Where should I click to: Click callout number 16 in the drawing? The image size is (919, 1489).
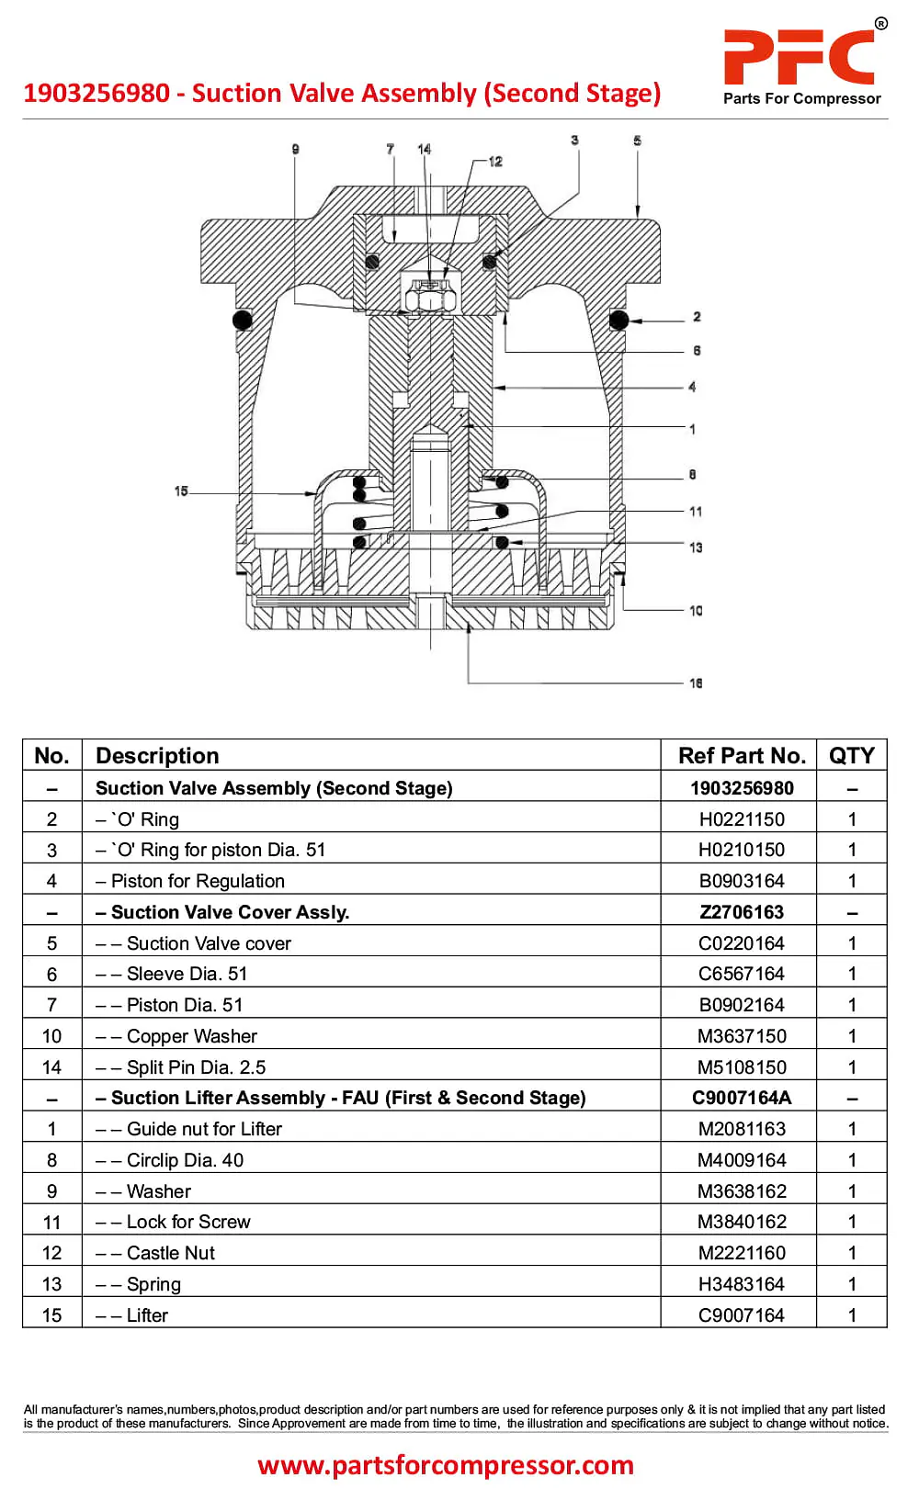pos(696,682)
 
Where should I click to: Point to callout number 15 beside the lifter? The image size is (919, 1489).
pos(181,491)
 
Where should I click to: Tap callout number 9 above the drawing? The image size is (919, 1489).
pos(295,149)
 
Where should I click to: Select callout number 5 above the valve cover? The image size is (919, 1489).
pos(637,141)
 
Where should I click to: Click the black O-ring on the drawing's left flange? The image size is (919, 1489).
pos(242,320)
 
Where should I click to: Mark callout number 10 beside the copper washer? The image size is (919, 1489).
pos(696,610)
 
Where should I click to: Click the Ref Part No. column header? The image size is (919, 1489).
pos(742,755)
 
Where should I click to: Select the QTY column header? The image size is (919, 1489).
pos(851,755)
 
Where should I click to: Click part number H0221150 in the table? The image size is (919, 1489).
pos(742,819)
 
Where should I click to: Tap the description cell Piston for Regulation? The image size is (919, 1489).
pos(190,881)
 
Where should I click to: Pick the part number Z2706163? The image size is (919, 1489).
pos(742,912)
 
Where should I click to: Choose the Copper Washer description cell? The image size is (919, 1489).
pos(176,1035)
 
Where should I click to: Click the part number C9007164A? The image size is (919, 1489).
pos(742,1098)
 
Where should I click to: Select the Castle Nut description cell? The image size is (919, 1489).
pos(155,1253)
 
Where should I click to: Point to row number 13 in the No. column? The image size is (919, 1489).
pos(51,1284)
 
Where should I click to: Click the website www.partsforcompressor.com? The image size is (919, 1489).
pos(446,1464)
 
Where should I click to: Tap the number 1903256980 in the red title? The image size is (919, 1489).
pos(97,93)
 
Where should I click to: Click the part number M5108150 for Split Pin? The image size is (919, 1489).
pos(742,1066)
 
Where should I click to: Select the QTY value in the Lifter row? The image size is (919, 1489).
pos(852,1314)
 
